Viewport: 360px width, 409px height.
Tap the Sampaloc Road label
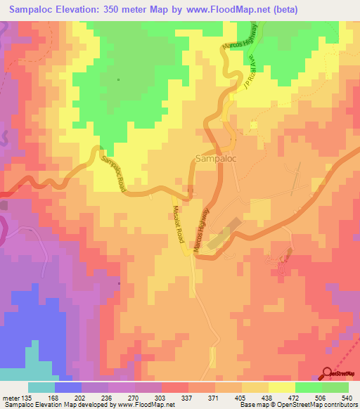click(113, 172)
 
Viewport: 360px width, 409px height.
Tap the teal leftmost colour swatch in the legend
click(41, 387)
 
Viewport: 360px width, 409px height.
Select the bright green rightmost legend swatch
click(335, 387)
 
